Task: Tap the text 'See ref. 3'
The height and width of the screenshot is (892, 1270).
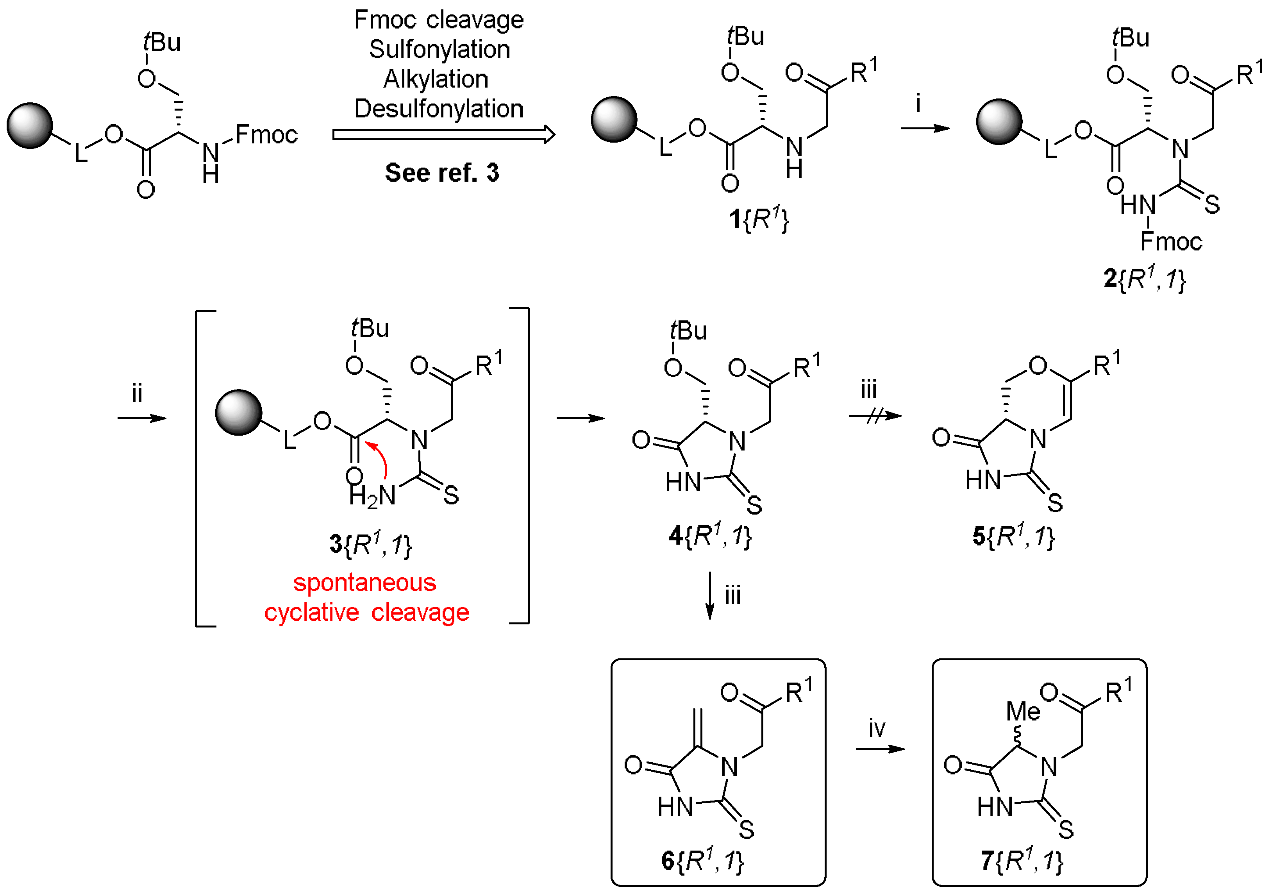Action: click(x=442, y=173)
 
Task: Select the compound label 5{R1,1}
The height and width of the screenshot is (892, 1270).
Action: click(x=1013, y=536)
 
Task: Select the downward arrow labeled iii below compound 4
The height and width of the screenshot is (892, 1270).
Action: click(x=711, y=595)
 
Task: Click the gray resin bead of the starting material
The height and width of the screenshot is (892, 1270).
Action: click(x=29, y=125)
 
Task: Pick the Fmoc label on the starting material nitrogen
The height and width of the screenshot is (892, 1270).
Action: click(x=266, y=134)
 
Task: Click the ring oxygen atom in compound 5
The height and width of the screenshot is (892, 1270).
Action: click(x=1038, y=366)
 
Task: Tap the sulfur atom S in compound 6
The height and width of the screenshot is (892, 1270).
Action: click(x=747, y=829)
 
